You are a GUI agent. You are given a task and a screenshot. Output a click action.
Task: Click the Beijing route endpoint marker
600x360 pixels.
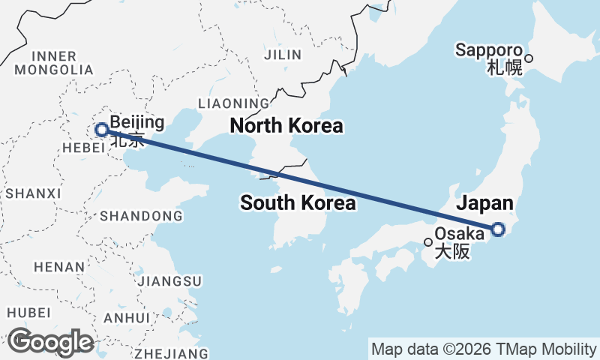[x=101, y=130]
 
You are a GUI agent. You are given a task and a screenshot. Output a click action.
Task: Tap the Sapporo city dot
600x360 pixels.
[x=529, y=58]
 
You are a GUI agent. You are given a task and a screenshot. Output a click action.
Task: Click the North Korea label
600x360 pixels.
[x=286, y=125]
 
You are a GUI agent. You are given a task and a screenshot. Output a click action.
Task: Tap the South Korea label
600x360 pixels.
[x=298, y=202]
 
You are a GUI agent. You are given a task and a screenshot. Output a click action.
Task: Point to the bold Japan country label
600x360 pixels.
[x=485, y=203]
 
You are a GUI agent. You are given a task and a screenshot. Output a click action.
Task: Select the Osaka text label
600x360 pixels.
[x=459, y=234]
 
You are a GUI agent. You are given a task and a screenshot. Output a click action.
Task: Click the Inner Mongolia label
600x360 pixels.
[x=53, y=63]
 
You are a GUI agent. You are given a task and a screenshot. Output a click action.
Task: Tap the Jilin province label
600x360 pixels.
[x=283, y=54]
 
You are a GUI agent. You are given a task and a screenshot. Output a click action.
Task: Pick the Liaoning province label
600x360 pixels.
[x=232, y=103]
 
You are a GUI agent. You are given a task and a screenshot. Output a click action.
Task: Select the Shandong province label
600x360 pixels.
[x=136, y=216]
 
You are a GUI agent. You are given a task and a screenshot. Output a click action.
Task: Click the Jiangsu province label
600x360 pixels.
[x=170, y=280]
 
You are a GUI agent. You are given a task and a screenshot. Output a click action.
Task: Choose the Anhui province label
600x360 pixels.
[x=127, y=318]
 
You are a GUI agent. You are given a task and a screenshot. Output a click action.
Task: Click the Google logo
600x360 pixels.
[x=50, y=342]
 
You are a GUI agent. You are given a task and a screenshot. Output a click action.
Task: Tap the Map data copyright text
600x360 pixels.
[x=484, y=349]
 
